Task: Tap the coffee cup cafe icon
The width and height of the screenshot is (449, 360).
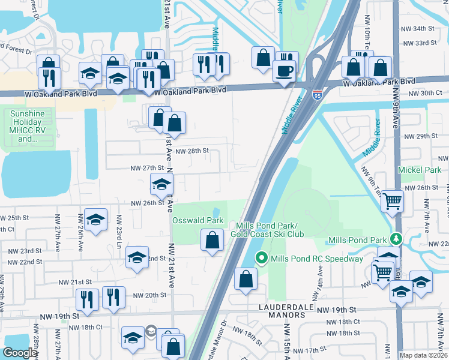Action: click(x=284, y=70)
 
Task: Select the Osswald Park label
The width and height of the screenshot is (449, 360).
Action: click(x=198, y=221)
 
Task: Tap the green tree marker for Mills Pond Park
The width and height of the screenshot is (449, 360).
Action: click(x=396, y=239)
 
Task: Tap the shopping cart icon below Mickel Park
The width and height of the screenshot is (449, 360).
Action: click(x=393, y=202)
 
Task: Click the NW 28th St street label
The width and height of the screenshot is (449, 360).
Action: click(x=191, y=151)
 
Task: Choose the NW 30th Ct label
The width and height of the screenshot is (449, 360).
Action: click(x=425, y=94)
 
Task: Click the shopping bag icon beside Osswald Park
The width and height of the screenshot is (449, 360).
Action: click(x=212, y=241)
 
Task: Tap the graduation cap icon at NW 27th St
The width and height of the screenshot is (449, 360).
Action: click(x=161, y=184)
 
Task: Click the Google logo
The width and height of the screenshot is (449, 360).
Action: click(x=20, y=353)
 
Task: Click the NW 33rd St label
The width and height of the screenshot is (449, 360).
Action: click(x=418, y=43)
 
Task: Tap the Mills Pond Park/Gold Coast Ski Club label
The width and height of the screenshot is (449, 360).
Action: click(x=270, y=229)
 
